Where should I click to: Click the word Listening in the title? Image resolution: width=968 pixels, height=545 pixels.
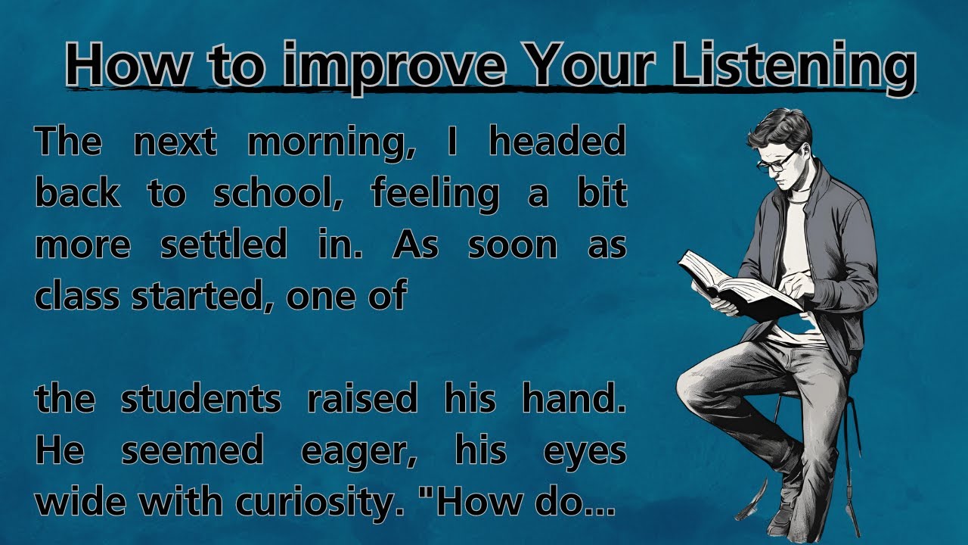[793, 65]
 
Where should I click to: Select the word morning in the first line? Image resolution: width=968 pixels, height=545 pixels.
[330, 143]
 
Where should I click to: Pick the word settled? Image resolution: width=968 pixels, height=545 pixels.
[224, 245]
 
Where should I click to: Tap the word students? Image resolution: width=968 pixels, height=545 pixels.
[200, 399]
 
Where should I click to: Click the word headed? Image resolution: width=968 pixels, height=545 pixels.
[557, 143]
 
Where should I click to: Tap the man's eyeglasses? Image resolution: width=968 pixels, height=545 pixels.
[775, 161]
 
